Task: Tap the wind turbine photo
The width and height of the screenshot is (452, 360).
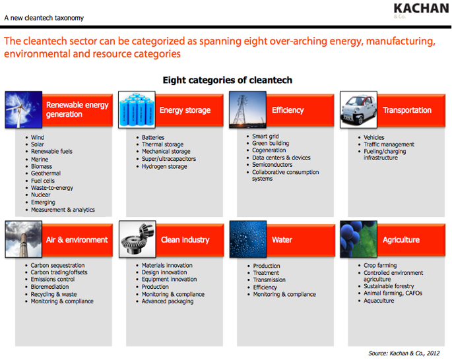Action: (x=24, y=110)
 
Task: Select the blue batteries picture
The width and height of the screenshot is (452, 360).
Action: (x=137, y=109)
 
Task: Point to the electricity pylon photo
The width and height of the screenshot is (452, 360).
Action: (x=247, y=109)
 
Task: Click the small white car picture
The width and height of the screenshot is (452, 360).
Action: (x=358, y=109)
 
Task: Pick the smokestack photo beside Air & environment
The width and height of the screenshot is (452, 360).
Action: (x=24, y=239)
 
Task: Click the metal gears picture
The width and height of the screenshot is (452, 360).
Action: (x=137, y=239)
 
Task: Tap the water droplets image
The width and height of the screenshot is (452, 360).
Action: (x=247, y=239)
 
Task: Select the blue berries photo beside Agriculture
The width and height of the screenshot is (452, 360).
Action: (x=358, y=239)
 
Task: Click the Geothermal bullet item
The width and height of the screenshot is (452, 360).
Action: (x=46, y=173)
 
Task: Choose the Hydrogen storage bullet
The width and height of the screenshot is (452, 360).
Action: (x=164, y=166)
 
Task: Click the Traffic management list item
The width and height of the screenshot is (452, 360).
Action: (x=389, y=144)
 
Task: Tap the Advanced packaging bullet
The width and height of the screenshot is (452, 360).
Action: (x=168, y=301)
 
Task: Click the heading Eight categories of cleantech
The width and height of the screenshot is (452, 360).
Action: (x=227, y=80)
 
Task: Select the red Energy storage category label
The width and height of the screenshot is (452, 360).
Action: (x=185, y=110)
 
